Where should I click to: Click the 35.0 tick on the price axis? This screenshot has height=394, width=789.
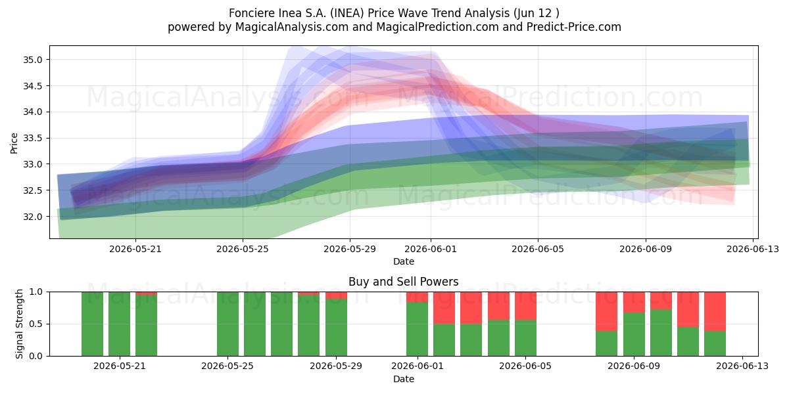tap(32, 60)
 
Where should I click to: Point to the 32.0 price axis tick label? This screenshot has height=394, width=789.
tap(32, 217)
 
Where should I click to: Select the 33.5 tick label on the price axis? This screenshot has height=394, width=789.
tap(32, 139)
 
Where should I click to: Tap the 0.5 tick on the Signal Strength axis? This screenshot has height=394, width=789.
tap(36, 324)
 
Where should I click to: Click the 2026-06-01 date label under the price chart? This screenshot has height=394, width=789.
tap(431, 249)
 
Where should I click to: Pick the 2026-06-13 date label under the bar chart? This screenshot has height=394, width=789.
tap(742, 366)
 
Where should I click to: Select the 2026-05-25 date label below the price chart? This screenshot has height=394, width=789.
tap(243, 249)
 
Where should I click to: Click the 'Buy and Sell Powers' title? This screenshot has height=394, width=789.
tap(403, 282)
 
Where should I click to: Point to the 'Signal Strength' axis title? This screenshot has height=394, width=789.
tap(19, 324)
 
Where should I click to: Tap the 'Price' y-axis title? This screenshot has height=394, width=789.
tap(14, 143)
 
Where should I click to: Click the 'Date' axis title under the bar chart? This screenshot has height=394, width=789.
tap(404, 379)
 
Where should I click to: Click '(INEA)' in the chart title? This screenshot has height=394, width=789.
tap(347, 13)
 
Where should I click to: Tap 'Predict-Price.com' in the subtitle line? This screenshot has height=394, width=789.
tap(574, 27)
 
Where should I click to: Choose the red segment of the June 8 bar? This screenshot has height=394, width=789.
tap(606, 312)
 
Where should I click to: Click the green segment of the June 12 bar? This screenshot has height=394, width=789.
tap(715, 343)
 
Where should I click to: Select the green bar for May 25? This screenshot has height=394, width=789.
tap(227, 324)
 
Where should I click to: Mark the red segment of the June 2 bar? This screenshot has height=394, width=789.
tap(444, 308)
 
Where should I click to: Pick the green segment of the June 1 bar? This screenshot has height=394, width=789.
tap(417, 329)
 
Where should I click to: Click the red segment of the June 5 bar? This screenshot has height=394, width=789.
tap(525, 306)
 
